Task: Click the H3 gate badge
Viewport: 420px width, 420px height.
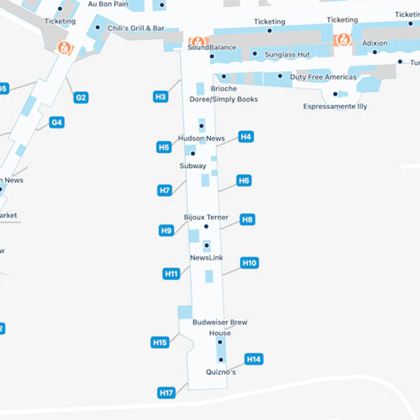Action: coord(160,97)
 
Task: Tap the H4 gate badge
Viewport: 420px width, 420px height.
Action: coord(246,136)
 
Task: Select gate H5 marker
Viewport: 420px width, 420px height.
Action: coord(164,147)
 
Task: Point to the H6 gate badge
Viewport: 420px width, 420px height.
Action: coord(244,181)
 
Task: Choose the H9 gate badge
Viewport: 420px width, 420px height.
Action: coord(166,231)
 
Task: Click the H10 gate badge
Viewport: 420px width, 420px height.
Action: coord(250,263)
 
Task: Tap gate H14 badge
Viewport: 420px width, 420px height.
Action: coord(253,359)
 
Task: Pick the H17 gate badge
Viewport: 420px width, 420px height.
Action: coord(166,393)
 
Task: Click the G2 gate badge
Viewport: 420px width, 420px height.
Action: coord(81,98)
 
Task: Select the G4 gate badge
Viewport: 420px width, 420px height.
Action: coord(57,122)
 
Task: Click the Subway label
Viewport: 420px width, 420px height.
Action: coord(193,166)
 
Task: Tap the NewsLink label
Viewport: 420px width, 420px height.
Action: coord(206,258)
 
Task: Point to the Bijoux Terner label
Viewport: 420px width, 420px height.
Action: coord(206,217)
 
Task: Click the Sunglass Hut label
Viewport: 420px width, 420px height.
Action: coord(287,55)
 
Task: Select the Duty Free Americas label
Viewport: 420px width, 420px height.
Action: coord(323,77)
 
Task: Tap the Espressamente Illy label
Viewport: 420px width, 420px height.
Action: coord(335,106)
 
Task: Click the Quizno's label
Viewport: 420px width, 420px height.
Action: coord(220,372)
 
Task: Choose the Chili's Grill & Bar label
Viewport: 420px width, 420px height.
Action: coord(136,28)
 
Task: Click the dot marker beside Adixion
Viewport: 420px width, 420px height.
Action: coord(375,52)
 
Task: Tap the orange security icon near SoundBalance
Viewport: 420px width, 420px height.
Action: coord(198,41)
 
